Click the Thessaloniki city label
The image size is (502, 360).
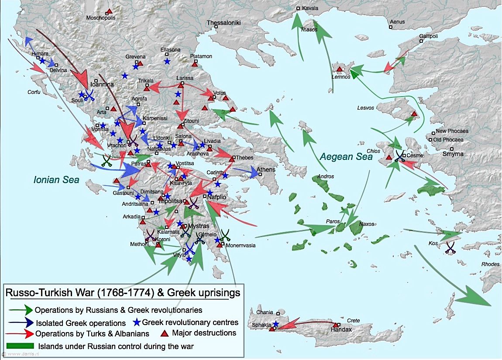click(x=223, y=23)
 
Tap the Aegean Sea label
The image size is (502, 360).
click(x=346, y=156)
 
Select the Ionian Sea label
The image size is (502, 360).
click(x=57, y=180)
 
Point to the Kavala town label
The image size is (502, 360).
click(x=310, y=8)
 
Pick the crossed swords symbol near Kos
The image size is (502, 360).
click(x=450, y=248)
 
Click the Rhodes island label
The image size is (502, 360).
click(x=489, y=264)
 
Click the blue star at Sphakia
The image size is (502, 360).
click(x=275, y=324)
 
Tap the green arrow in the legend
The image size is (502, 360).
click(x=21, y=310)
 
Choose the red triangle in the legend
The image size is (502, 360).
click(x=165, y=333)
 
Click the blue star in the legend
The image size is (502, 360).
click(x=137, y=322)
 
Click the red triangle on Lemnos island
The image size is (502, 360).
click(x=339, y=69)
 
